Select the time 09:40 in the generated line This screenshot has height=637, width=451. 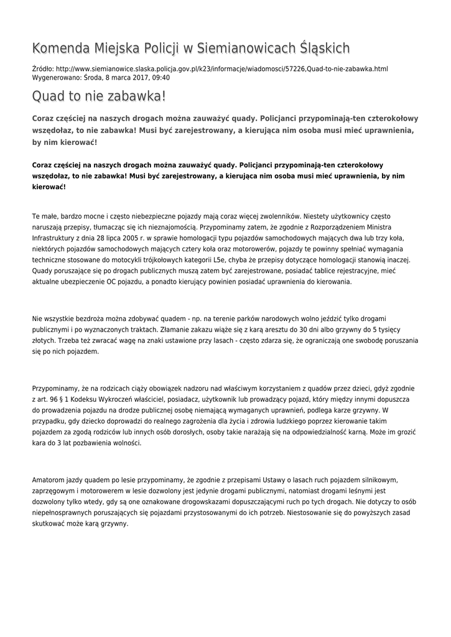point(160,78)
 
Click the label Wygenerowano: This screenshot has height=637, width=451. point(57,78)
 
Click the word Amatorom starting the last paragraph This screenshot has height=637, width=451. point(52,480)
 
